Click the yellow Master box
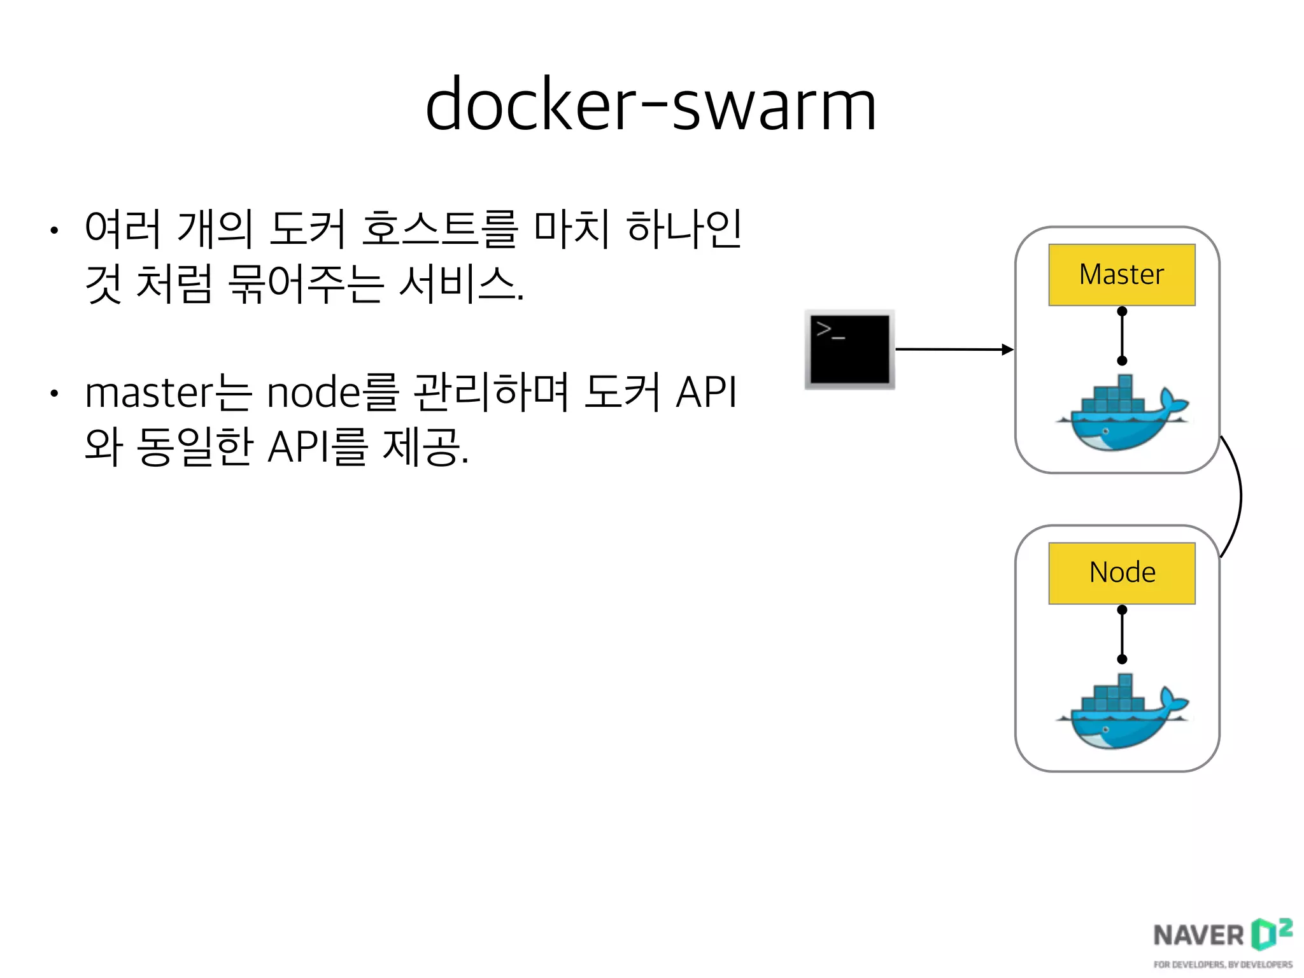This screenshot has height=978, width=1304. click(x=1121, y=274)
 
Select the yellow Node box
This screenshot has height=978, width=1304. click(x=1121, y=572)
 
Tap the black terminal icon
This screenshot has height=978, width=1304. click(x=849, y=349)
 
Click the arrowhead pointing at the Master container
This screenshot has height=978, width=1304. click(x=1008, y=349)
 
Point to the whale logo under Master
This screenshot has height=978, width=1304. click(x=1121, y=414)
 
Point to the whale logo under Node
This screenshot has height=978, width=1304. click(x=1121, y=712)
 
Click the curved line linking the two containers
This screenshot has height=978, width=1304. click(x=1240, y=497)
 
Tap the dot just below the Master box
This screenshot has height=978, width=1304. click(x=1122, y=311)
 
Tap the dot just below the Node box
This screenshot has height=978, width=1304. click(x=1122, y=610)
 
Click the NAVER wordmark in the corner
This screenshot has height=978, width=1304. click(x=1198, y=935)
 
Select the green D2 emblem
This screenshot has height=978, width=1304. click(x=1270, y=933)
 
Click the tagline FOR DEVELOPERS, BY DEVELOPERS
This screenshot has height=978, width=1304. click(x=1222, y=965)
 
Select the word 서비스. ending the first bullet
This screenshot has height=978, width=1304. click(x=461, y=283)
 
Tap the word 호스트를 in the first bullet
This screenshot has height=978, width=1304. click(x=439, y=228)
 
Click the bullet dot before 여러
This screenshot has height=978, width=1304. click(x=55, y=230)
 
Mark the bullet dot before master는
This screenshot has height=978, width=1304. click(x=55, y=394)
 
